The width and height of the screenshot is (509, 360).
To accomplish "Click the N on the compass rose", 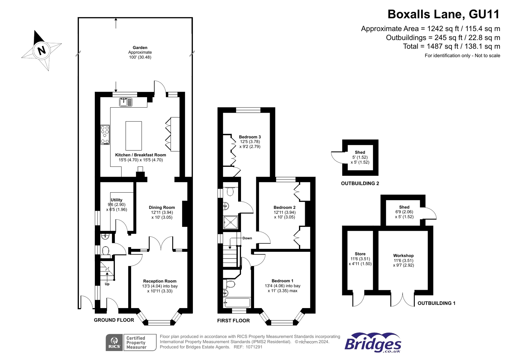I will (41, 50).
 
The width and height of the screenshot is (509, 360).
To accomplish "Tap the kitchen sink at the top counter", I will (126, 102).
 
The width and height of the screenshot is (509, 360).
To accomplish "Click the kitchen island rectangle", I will (133, 136).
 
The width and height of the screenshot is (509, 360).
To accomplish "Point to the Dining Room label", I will (162, 208).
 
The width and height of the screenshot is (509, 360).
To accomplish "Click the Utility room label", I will (117, 200).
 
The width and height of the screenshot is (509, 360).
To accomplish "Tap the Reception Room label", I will (159, 281).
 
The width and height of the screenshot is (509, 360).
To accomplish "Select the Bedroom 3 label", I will (250, 137).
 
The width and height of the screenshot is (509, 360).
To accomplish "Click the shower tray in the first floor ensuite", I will (230, 222).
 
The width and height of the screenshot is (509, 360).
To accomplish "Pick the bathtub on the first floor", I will (237, 302).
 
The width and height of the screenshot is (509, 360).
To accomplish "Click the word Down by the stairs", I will (247, 238).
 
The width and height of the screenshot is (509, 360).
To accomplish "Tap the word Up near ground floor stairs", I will (107, 284).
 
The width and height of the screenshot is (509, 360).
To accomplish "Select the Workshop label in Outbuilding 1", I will (403, 256).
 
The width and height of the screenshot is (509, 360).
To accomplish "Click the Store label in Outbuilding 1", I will (360, 254).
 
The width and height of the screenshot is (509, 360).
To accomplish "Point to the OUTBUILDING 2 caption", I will (360, 183).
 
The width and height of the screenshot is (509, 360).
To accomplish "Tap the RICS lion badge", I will (115, 342).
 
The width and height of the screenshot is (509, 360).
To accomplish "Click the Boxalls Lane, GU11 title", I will (443, 14).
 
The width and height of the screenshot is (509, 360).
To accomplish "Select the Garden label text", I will (140, 48).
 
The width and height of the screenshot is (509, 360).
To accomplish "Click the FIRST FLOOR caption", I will (233, 321).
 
